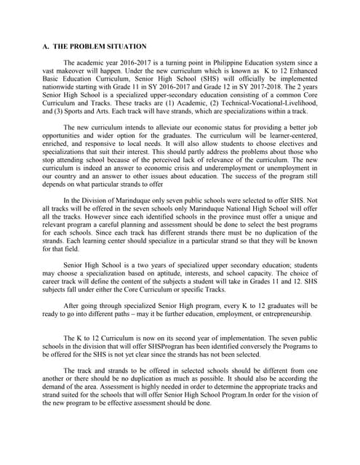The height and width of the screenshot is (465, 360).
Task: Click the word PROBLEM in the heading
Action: click(85, 46)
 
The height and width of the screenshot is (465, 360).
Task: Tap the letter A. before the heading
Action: click(45, 46)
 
